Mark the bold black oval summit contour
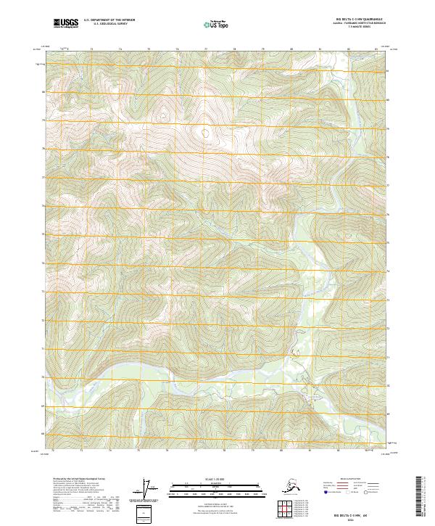(x=206, y=133)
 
